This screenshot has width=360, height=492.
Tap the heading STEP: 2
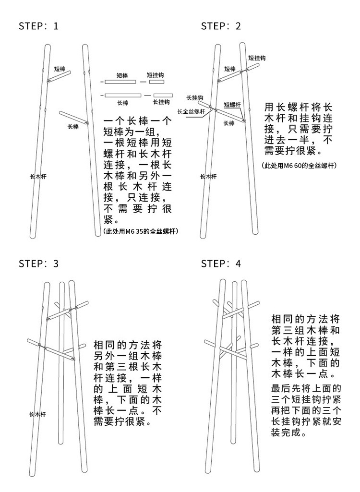click(x=221, y=26)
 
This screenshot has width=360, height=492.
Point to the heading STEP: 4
click(x=221, y=264)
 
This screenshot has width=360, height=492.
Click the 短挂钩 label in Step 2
click(x=257, y=58)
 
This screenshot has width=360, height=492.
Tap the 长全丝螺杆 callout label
click(x=191, y=111)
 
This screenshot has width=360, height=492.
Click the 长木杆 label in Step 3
click(x=37, y=414)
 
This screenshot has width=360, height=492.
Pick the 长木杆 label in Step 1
click(x=37, y=177)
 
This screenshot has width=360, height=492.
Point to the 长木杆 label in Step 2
click(x=208, y=177)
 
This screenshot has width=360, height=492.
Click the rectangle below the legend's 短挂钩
click(x=156, y=82)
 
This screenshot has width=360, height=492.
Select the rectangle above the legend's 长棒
click(x=123, y=95)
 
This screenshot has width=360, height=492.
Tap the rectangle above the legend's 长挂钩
click(x=161, y=95)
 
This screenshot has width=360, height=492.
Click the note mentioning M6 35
click(x=141, y=231)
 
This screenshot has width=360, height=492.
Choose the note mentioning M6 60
click(x=299, y=166)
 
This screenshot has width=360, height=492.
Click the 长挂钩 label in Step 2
click(x=194, y=97)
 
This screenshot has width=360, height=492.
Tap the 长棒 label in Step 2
click(x=229, y=123)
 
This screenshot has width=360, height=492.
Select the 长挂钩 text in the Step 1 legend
click(x=161, y=102)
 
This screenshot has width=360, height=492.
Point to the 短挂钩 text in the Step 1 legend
click(x=156, y=75)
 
